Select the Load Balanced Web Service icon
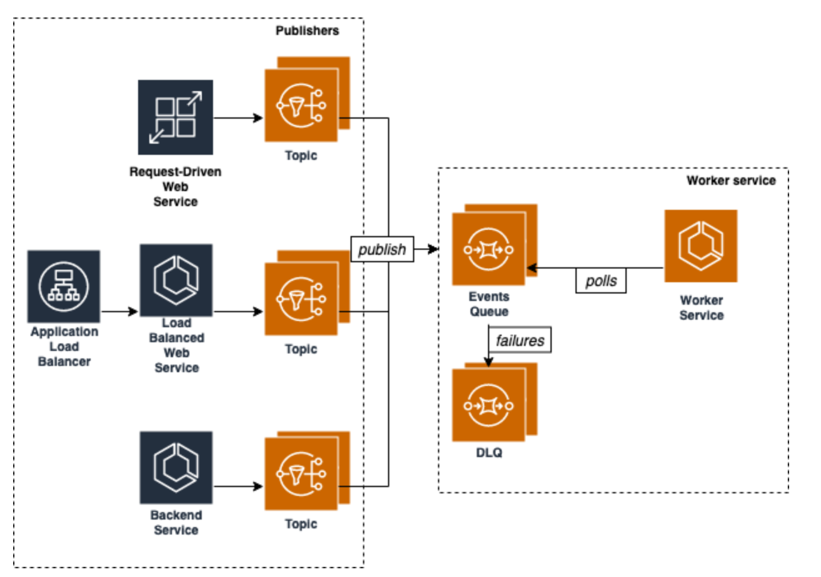[176, 280]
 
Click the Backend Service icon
[176, 467]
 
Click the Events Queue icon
[490, 248]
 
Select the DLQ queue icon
[490, 404]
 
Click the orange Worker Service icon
[700, 246]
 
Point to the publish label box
[382, 250]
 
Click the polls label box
[600, 282]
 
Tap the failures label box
[520, 341]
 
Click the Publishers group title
[307, 31]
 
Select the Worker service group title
[730, 181]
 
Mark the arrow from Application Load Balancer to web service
[119, 311]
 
